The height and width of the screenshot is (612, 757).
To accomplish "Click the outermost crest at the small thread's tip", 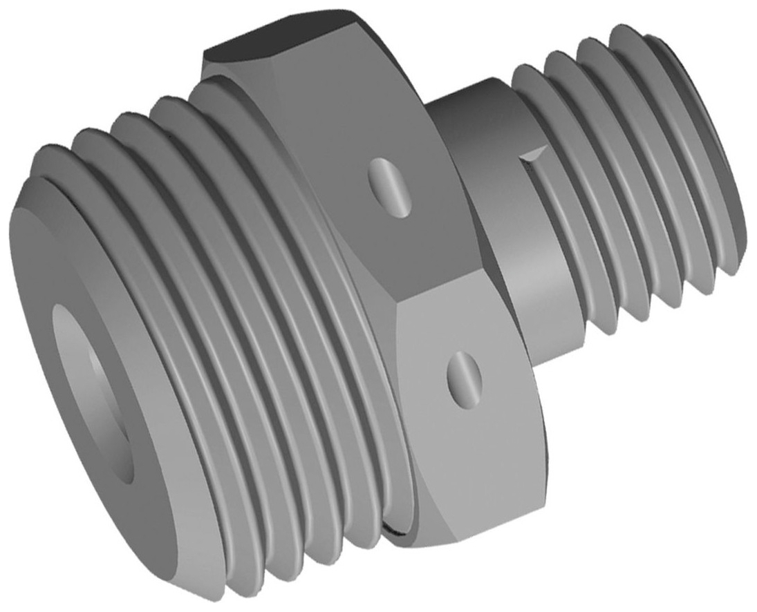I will tap(712, 138).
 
